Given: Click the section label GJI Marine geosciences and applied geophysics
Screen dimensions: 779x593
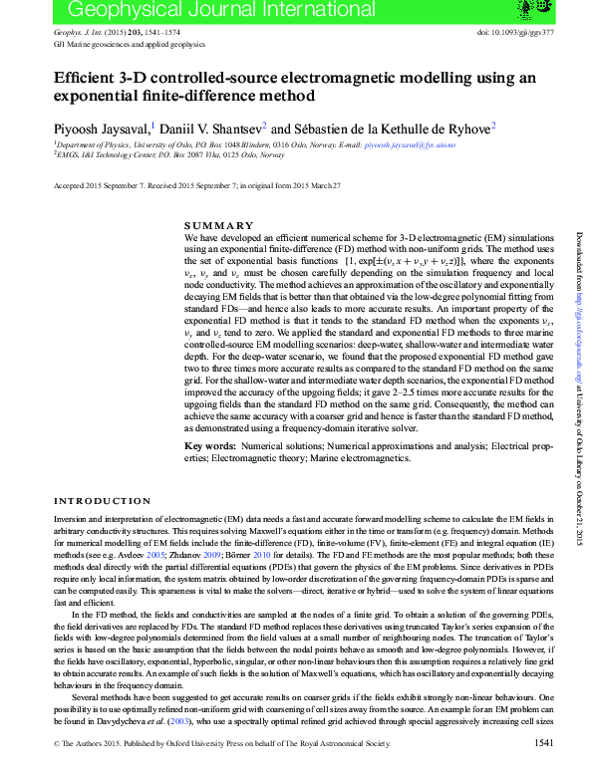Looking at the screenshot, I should [x=129, y=45].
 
